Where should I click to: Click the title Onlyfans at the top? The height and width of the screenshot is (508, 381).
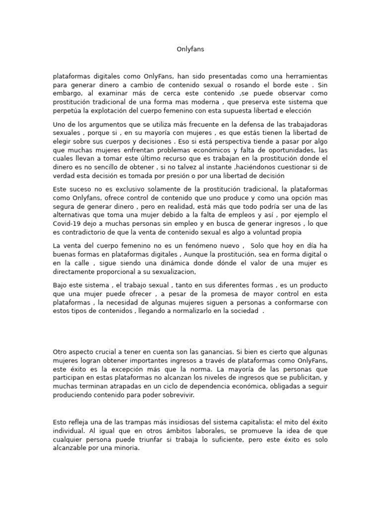point(190,49)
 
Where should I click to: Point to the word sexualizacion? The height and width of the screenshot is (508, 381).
point(173,272)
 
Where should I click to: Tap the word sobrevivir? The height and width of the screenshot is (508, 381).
point(181,395)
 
